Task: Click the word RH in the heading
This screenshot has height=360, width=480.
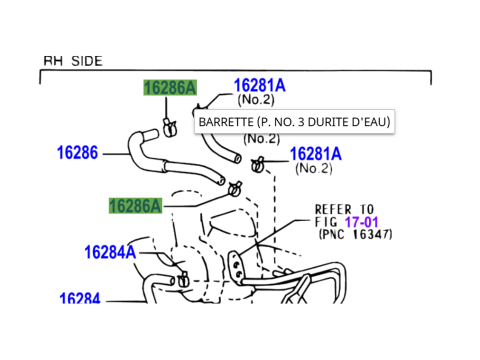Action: [x=53, y=61]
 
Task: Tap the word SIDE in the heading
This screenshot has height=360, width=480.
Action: [x=87, y=61]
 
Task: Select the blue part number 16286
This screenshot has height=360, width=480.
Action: [x=77, y=153]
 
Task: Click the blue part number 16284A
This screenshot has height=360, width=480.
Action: [x=110, y=252]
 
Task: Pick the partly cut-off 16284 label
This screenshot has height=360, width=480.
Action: [x=80, y=298]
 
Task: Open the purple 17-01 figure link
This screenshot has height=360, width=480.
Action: [x=362, y=222]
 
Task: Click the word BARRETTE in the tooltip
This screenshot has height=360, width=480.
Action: [x=226, y=122]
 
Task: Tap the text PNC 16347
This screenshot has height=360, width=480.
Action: [x=356, y=234]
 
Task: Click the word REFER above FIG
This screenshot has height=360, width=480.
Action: [x=333, y=210]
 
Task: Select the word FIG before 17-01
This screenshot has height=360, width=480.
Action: [x=326, y=222]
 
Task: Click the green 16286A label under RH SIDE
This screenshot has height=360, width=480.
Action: [x=170, y=88]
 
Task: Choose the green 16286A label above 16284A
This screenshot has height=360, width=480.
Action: [x=135, y=206]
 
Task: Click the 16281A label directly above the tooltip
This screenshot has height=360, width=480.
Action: [x=260, y=85]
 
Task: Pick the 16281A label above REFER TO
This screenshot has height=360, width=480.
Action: [x=316, y=154]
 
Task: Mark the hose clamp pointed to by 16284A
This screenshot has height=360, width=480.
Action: [x=183, y=279]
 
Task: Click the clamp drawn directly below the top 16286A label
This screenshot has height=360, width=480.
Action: [x=170, y=127]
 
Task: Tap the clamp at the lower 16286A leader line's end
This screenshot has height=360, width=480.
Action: [x=235, y=189]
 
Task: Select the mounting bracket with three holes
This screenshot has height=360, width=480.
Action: [x=235, y=265]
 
